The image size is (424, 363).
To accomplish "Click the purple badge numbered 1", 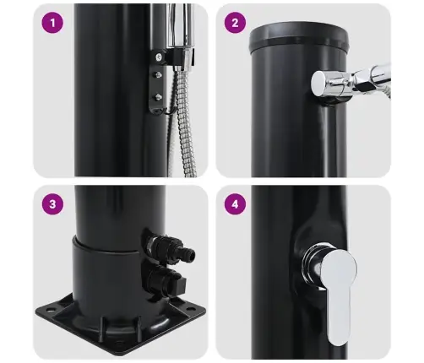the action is pos(52,23).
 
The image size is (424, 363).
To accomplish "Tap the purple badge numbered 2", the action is pos(235,23).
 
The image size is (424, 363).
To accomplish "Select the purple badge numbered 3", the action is pos(52,204).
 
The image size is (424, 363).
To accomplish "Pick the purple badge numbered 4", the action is pos(235,204).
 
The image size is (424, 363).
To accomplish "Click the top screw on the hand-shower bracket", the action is pos(159,57).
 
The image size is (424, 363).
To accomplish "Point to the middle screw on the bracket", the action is pos(159,75).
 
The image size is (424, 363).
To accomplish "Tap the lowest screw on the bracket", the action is pos(158,97).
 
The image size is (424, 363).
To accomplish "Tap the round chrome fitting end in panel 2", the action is pos(319,84).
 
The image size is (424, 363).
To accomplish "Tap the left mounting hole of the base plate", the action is pos(51,310).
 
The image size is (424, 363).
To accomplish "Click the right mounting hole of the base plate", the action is pos(189,309).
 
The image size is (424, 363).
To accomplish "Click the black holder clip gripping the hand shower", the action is pos(180,57).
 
